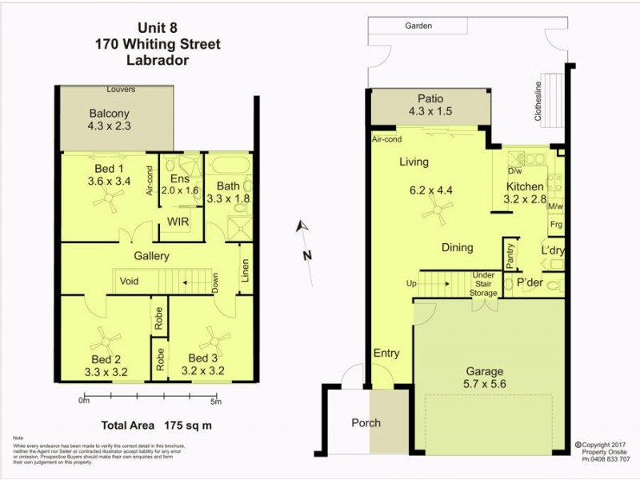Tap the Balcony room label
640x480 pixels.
pos(110,114)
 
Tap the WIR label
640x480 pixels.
pos(177,222)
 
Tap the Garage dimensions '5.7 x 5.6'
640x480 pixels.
pos(485,385)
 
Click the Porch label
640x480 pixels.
pos(366,422)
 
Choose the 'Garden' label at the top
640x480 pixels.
pos(418,26)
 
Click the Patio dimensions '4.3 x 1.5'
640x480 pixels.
pos(430,112)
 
